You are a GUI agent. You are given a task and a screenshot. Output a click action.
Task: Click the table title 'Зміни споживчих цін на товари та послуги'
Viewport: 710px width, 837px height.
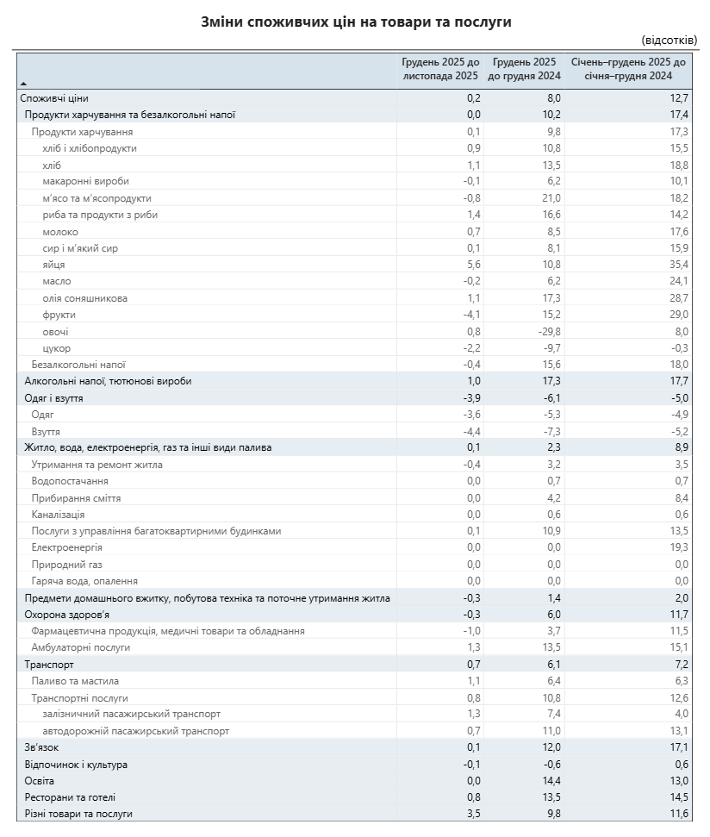356,22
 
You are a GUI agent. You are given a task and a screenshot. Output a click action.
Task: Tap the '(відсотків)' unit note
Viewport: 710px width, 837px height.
669,41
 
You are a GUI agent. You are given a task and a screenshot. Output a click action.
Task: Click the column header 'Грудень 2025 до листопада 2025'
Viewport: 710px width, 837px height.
440,69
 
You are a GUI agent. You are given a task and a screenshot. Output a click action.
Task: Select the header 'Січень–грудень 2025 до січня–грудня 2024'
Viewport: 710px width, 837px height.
629,69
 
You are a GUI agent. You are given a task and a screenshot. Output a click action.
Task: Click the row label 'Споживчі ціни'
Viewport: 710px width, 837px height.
54,98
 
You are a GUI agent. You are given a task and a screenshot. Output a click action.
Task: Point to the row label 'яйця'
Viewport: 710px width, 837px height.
53,265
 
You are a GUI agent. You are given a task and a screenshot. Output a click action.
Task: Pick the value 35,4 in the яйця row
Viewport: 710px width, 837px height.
679,265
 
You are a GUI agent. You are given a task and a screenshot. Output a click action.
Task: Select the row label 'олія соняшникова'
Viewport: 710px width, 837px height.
84,298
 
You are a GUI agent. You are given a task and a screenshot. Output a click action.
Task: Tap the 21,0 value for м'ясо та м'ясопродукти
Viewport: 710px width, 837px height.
551,198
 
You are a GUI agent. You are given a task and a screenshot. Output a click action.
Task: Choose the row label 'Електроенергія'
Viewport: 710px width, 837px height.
67,547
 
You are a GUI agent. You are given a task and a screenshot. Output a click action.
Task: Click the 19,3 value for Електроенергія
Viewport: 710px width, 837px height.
679,547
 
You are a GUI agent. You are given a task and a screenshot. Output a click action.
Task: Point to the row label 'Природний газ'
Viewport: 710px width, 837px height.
66,565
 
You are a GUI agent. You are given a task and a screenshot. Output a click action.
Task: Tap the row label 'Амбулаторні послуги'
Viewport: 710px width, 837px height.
81,647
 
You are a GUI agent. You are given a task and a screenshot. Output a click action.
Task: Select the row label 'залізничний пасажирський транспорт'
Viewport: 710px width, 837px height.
131,714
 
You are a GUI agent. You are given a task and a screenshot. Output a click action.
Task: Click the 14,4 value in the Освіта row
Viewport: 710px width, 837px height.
551,780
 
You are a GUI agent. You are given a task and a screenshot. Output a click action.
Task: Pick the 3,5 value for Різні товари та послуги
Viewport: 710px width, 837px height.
473,814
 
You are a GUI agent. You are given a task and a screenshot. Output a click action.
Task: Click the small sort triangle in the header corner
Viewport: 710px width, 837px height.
23,82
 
